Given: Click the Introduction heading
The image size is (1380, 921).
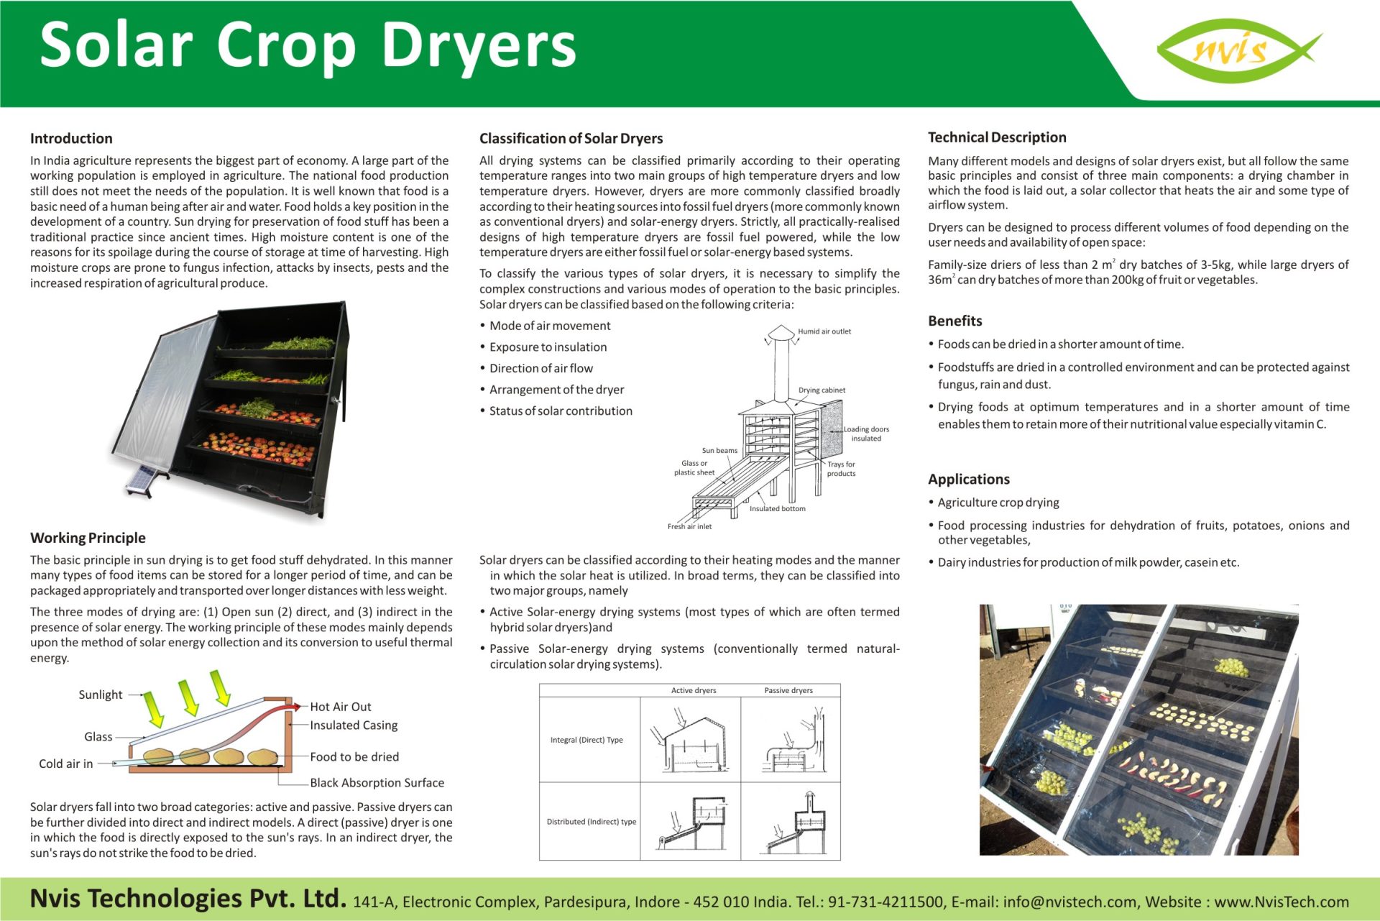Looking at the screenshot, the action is click(71, 138).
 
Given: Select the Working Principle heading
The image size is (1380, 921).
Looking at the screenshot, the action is click(88, 538).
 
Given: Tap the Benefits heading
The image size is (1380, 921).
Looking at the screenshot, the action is click(954, 321).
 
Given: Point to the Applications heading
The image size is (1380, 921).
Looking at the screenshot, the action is click(968, 480).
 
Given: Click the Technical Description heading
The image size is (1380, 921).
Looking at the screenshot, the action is click(997, 137).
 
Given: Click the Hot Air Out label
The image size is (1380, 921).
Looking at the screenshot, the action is click(340, 707).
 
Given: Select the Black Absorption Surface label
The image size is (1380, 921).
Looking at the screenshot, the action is click(377, 782).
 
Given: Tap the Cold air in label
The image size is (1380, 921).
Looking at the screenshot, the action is click(65, 764).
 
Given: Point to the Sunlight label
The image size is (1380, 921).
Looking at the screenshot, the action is click(100, 695).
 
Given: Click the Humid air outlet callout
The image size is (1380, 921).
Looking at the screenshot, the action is click(824, 331).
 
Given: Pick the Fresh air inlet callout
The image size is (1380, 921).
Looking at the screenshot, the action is click(689, 526).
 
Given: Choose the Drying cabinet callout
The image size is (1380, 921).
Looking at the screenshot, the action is click(822, 390).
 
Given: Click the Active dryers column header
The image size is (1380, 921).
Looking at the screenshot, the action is click(693, 690).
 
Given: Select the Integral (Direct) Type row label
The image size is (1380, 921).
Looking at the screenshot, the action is click(586, 740).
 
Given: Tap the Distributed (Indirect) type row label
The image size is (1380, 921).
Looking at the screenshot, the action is click(591, 822).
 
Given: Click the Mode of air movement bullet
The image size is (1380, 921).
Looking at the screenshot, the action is click(550, 326).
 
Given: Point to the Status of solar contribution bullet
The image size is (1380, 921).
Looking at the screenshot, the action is click(561, 411).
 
